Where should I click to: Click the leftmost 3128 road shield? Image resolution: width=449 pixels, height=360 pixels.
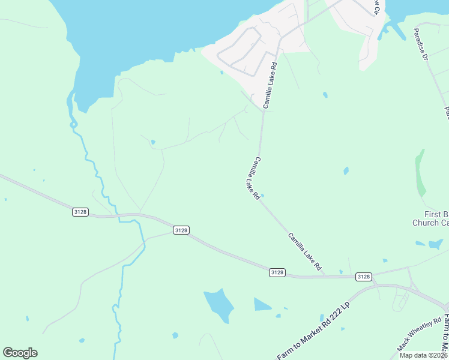[80, 212]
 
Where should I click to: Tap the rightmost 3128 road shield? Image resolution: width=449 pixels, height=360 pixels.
[363, 277]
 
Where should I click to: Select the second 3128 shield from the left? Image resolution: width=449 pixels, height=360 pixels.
[181, 230]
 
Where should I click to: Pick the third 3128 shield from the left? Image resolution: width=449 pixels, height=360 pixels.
[277, 272]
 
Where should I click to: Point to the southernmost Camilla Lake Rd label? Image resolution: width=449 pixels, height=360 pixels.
[306, 250]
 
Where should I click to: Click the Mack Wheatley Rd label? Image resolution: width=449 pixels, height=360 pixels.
[420, 334]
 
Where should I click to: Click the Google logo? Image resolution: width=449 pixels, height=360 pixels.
[20, 353]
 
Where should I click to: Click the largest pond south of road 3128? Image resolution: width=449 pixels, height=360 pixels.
[219, 305]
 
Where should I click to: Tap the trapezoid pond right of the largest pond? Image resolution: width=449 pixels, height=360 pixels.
[262, 305]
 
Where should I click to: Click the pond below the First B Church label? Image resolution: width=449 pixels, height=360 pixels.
[435, 244]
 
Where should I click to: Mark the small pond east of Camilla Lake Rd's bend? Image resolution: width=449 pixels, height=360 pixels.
[346, 171]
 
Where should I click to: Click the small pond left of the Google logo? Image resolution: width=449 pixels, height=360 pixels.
[27, 319]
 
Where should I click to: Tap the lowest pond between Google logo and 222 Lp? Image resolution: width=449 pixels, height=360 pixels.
[175, 335]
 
